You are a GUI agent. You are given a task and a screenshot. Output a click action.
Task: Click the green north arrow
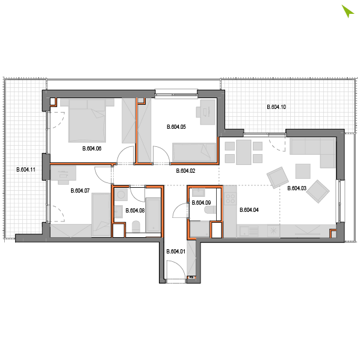[x=347, y=11]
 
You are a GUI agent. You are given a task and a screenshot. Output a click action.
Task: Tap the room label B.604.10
[x=276, y=107]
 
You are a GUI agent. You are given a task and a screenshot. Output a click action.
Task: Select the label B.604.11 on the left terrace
[x=26, y=170]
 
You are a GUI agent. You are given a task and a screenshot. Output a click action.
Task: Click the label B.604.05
[x=176, y=127]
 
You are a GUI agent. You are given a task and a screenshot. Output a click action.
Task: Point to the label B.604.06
[x=92, y=149]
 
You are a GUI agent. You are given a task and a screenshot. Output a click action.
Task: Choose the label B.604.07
[x=80, y=191]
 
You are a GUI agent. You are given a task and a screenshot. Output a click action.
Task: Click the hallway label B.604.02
[x=185, y=171]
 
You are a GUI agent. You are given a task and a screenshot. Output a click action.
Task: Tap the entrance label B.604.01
[x=176, y=252]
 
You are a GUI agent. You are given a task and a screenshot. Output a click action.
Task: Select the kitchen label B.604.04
[x=249, y=210]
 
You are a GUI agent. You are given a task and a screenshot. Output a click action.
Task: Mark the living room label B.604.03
[x=297, y=188]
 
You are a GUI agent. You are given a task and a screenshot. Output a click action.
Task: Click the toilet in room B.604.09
[x=210, y=209]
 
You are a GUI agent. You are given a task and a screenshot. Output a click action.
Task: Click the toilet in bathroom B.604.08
[x=136, y=226]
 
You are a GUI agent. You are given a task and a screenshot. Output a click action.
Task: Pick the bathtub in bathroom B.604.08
[x=153, y=215]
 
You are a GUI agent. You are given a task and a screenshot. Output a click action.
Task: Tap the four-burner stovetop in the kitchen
[x=231, y=199]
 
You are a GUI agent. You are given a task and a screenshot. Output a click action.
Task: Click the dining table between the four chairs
[x=244, y=152]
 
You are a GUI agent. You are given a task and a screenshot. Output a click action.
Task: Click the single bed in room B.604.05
[x=194, y=152]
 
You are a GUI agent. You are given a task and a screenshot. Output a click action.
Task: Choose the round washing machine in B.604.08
[x=121, y=195]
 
